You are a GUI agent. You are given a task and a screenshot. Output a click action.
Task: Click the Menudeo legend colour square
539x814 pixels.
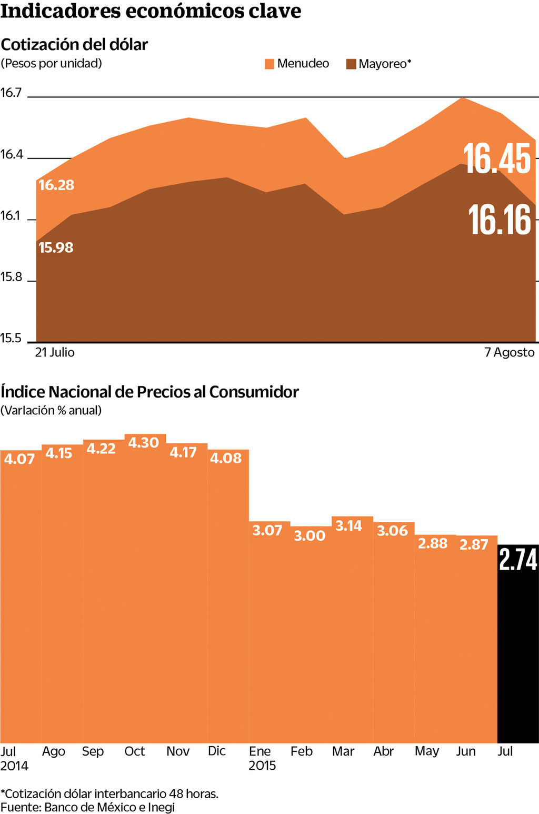tap(269, 64)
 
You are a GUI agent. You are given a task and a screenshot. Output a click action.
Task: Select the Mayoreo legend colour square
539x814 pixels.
tap(351, 64)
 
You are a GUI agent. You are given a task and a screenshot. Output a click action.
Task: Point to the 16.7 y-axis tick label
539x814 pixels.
tap(11, 93)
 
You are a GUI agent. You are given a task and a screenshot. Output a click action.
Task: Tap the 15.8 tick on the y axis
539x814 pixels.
tap(11, 277)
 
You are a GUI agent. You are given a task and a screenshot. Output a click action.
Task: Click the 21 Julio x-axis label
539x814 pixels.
tap(55, 352)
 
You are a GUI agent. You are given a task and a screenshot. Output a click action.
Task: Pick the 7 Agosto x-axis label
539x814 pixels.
tap(509, 352)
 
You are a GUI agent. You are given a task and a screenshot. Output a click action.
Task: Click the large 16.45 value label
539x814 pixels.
tap(497, 158)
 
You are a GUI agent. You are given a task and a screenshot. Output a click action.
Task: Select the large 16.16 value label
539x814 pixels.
tap(500, 220)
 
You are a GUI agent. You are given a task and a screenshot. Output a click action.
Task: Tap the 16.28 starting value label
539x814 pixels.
tap(56, 185)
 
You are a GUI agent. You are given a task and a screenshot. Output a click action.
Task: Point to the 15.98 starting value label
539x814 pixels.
tap(56, 247)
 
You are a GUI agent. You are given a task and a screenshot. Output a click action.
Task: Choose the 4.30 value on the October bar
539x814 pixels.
tap(143, 443)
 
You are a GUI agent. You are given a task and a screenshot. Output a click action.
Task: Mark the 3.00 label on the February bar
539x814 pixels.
tap(310, 536)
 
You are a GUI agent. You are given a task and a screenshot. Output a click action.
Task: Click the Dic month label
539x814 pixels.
tap(217, 751)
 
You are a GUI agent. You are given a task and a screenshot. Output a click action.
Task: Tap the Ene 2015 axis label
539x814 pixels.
tap(262, 758)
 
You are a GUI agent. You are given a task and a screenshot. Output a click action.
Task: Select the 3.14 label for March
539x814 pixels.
tap(348, 525)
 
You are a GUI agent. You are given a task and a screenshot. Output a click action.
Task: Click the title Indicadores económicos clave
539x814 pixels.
tap(151, 11)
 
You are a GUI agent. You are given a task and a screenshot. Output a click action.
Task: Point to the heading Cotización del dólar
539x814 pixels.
tap(74, 44)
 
